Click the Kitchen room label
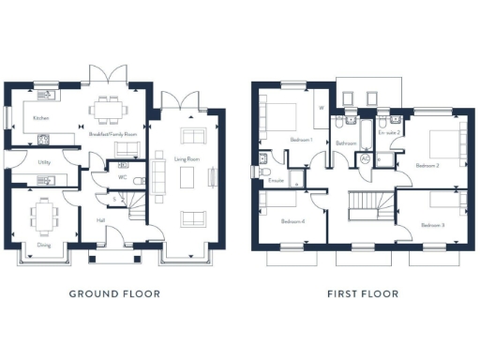click(41, 118)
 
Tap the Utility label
click(44, 162)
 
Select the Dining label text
click(44, 246)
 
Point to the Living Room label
click(187, 159)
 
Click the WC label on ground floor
click(122, 176)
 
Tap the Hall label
click(99, 220)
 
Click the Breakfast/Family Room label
click(112, 135)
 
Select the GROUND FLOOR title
click(114, 293)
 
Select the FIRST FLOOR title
click(363, 293)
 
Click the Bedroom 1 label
click(301, 140)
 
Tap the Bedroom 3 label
click(431, 226)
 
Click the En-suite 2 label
click(389, 133)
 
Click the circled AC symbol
click(366, 158)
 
